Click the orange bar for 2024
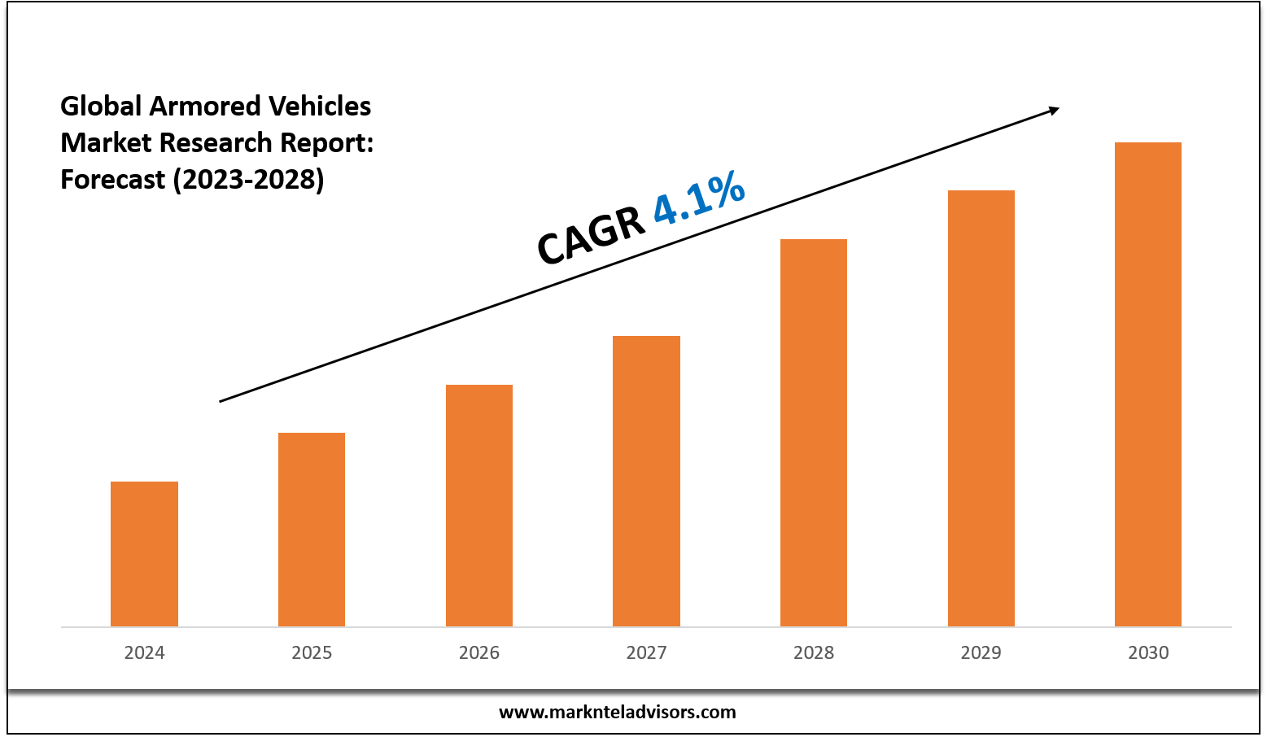click(144, 554)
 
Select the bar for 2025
click(312, 530)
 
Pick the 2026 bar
click(479, 505)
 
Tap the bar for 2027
click(646, 481)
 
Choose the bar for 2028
click(814, 433)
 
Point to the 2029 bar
click(981, 408)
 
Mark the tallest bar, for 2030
click(1148, 384)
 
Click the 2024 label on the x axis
click(144, 652)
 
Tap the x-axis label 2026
click(479, 652)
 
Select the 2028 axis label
click(814, 652)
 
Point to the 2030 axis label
click(1148, 652)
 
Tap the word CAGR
click(591, 236)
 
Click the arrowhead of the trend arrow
click(1054, 109)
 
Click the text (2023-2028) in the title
click(248, 179)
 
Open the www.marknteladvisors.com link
click(617, 713)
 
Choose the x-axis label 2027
click(646, 652)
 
